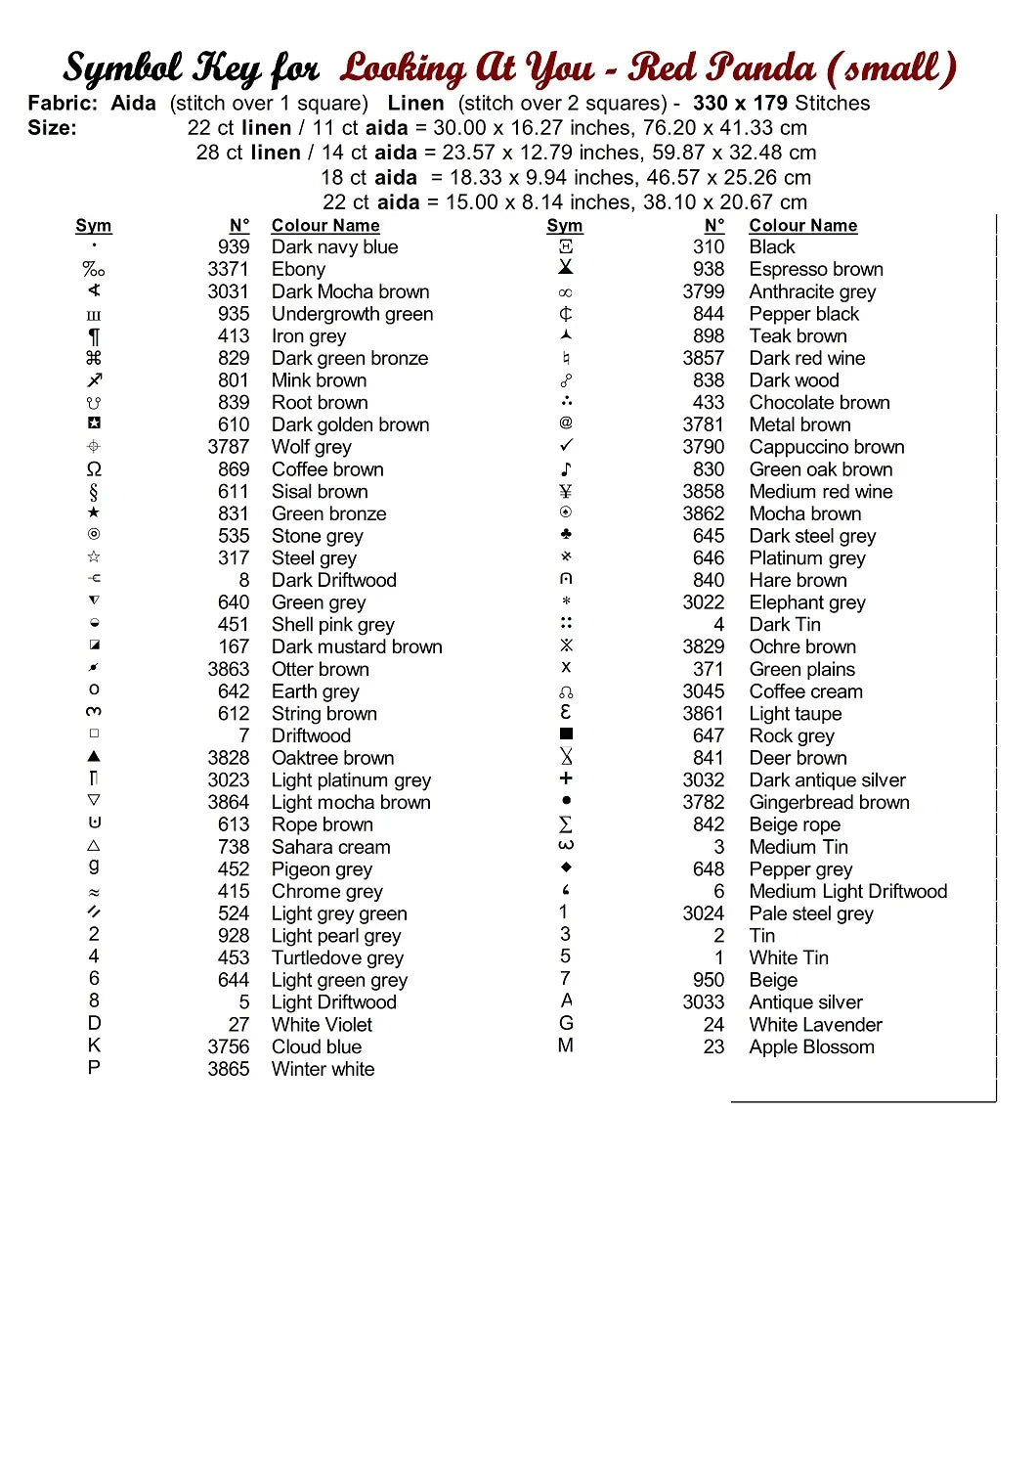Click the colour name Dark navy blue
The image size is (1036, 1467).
[334, 247]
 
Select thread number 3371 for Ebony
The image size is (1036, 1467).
[228, 270]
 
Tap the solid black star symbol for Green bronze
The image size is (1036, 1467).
[94, 512]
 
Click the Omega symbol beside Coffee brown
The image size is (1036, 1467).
[94, 469]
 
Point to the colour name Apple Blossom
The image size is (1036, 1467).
[811, 1047]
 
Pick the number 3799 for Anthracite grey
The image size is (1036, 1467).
[703, 291]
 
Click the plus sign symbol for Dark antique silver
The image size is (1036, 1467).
[566, 778]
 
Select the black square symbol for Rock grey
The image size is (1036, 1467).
[566, 733]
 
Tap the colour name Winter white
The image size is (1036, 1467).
[323, 1070]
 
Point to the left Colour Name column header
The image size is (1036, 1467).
[325, 226]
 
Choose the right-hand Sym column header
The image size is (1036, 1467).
[565, 226]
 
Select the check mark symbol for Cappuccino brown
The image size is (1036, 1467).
[566, 446]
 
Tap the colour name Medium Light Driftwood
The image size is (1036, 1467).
[847, 892]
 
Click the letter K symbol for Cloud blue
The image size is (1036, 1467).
[94, 1045]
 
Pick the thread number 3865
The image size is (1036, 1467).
[228, 1070]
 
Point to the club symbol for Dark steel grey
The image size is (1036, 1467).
[566, 534]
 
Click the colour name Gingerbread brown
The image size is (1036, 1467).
[829, 803]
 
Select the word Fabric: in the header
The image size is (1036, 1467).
[63, 104]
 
